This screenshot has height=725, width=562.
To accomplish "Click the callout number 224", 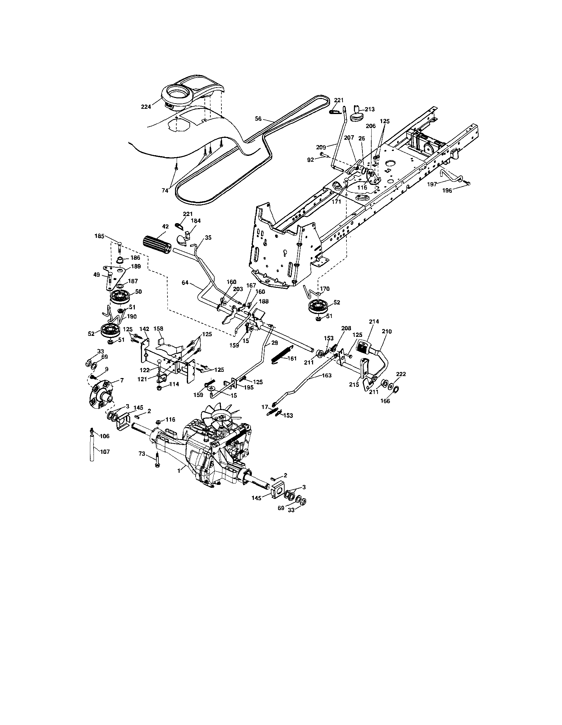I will [x=146, y=107].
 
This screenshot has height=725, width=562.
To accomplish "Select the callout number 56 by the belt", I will [x=258, y=118].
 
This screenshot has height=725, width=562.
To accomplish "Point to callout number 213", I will [x=370, y=109].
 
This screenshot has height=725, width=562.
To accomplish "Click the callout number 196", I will [x=447, y=191].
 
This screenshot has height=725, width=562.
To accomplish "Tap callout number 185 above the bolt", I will [x=99, y=236].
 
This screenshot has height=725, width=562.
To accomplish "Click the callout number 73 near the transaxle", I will [x=142, y=454].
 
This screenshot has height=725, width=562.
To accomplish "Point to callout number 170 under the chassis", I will [x=325, y=289].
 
